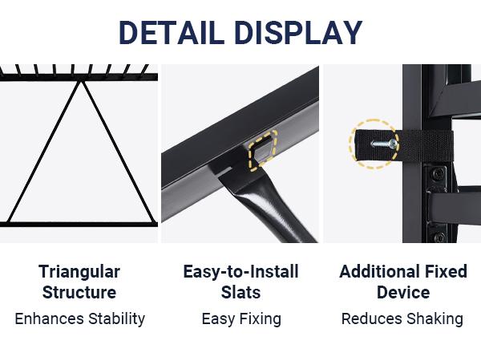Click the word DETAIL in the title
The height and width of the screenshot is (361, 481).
[x=172, y=33]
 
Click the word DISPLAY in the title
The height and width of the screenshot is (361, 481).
[x=298, y=33]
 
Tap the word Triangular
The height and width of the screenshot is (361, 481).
[x=79, y=273]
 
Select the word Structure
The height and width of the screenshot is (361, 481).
[x=79, y=292]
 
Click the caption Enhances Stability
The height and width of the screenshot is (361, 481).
[x=79, y=319]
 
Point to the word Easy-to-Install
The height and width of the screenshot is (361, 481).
[x=240, y=272]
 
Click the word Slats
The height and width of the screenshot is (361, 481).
[x=240, y=292]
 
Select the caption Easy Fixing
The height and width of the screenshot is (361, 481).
[x=241, y=319]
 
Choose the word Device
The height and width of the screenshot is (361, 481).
[x=403, y=292]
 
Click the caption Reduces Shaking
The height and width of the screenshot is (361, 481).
[x=402, y=319]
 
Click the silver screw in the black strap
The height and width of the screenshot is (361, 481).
[x=384, y=144]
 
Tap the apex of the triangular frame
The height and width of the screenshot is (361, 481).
[x=81, y=82]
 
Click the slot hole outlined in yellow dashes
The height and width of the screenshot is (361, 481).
[x=263, y=149]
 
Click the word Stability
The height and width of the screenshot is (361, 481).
[x=117, y=319]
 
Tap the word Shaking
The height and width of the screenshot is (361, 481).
[x=435, y=319]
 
